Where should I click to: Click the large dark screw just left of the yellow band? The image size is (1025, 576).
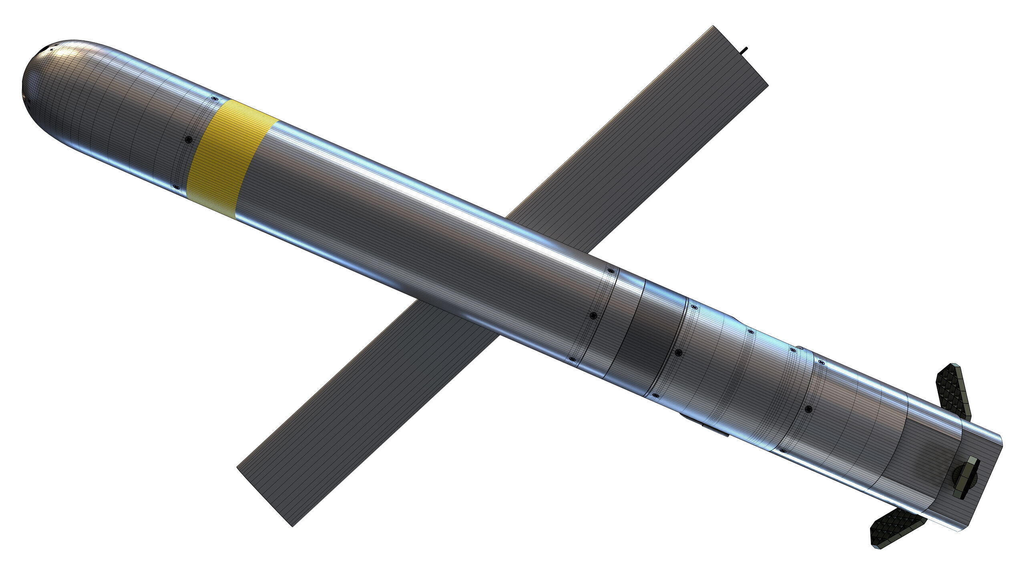click(x=189, y=139)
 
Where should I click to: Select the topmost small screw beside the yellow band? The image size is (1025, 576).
click(x=215, y=98)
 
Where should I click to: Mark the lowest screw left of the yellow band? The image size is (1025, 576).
click(x=175, y=187)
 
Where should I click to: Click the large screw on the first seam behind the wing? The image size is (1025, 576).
click(x=594, y=316)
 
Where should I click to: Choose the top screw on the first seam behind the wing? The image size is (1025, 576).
click(x=611, y=271)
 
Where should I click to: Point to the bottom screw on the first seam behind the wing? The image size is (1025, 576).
click(x=573, y=359)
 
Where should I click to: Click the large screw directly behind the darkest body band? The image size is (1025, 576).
click(x=679, y=352)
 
